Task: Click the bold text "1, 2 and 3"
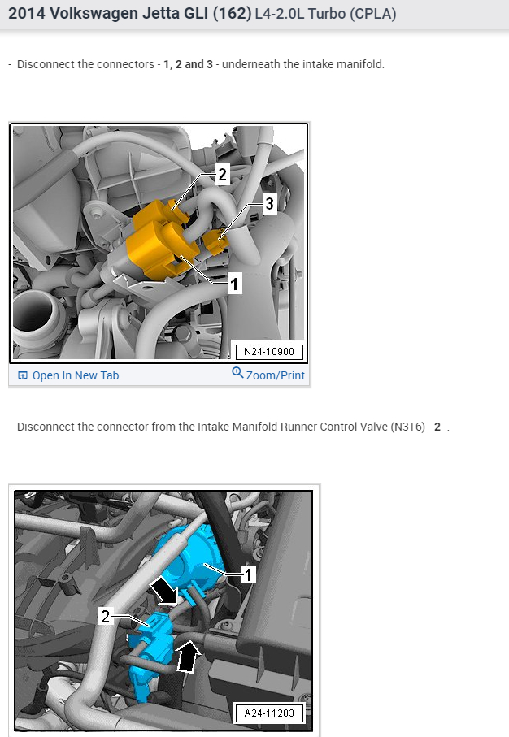188,64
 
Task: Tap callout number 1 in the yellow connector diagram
234,284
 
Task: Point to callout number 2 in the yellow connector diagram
222,173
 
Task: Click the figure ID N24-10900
268,352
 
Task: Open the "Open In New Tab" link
75,375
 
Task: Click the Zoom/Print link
275,375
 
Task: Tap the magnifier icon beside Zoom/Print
237,373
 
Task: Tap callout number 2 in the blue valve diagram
106,617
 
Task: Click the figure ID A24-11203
269,713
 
